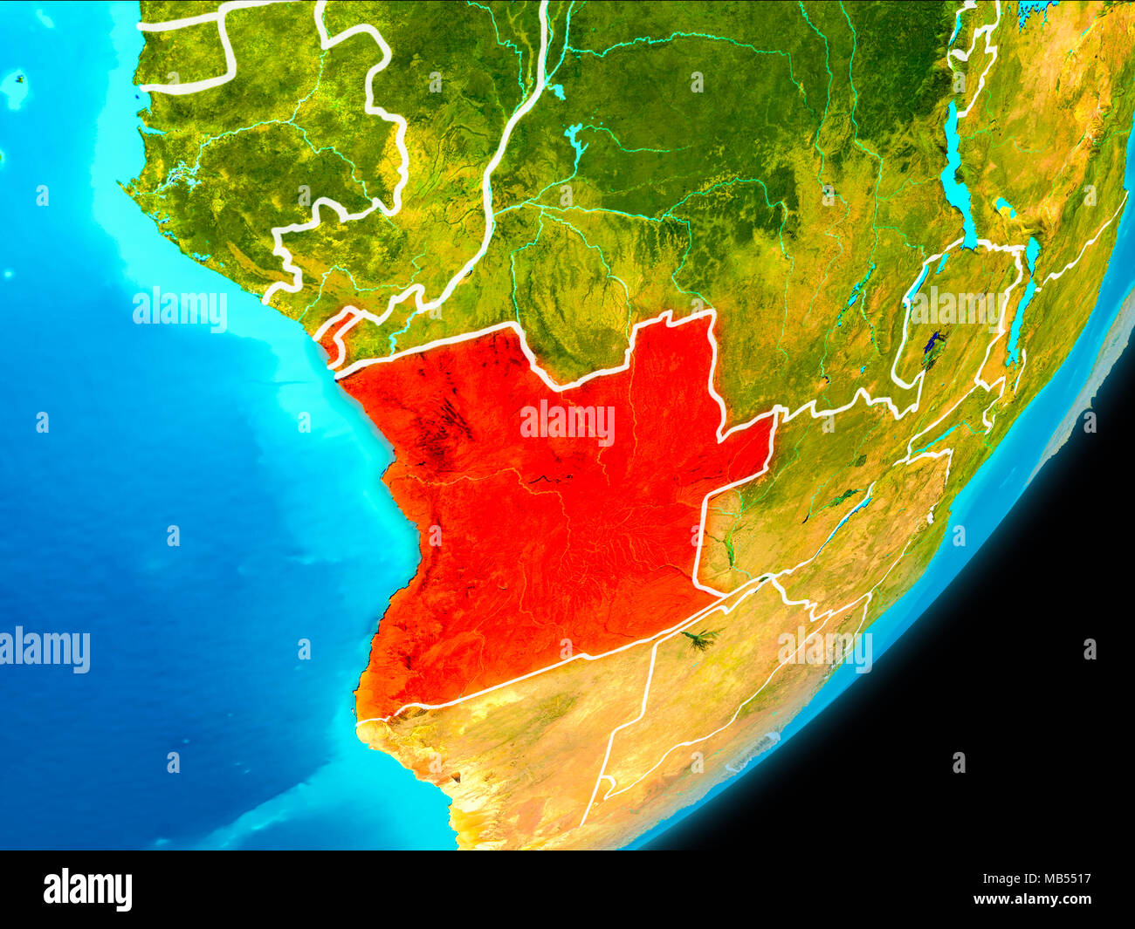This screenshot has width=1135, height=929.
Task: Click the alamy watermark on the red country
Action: tap(567, 423)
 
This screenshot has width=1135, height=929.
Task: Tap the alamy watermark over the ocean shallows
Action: tap(180, 309)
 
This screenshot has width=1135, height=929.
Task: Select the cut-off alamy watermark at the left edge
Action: tap(45, 650)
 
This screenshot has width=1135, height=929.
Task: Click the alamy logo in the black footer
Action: tap(87, 890)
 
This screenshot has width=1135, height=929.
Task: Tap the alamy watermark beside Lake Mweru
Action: tap(957, 305)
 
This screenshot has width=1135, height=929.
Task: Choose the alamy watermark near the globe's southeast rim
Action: tap(825, 649)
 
